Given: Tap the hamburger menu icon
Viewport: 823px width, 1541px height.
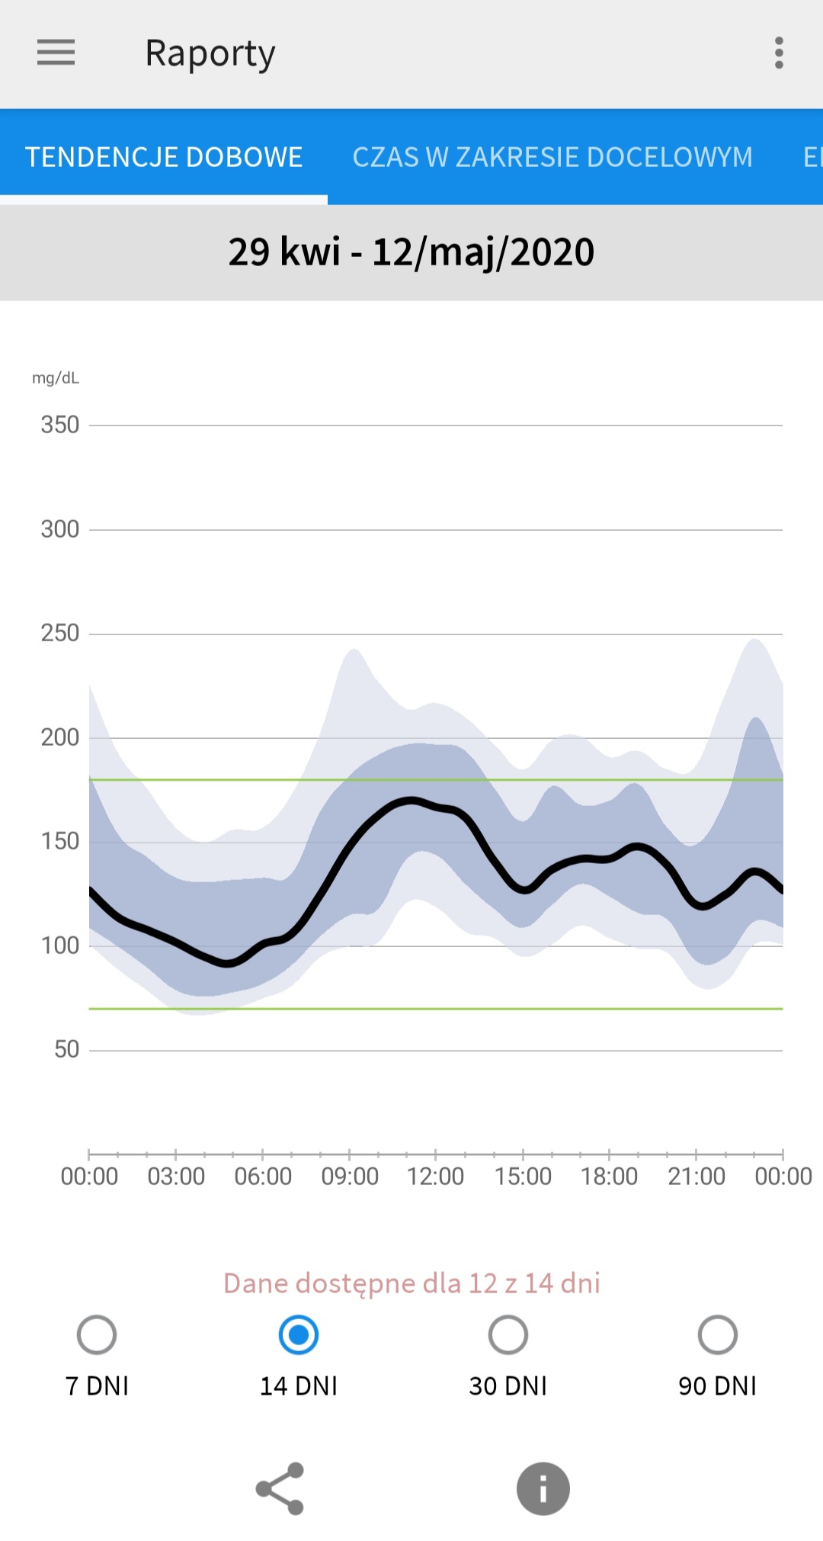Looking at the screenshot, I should (56, 53).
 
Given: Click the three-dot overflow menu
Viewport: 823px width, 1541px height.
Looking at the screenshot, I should (778, 53).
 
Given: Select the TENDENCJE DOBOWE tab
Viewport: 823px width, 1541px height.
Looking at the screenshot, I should (164, 157).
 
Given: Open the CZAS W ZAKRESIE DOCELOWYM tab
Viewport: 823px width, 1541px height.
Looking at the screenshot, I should (552, 157).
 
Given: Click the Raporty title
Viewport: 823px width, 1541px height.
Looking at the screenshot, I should (210, 53).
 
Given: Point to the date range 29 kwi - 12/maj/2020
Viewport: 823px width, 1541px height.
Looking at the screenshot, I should (411, 252).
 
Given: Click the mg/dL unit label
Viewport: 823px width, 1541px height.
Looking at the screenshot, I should (56, 378).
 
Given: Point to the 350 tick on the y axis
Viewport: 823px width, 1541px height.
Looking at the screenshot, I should (60, 425).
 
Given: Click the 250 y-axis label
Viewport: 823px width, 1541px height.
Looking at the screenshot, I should (60, 633).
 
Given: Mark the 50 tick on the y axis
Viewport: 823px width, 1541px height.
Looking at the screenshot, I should (66, 1049).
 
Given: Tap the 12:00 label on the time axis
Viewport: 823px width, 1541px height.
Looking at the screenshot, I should (435, 1177).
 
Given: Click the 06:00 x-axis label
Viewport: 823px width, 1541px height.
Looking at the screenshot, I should (263, 1177).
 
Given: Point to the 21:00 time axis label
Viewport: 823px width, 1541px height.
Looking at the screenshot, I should (697, 1177).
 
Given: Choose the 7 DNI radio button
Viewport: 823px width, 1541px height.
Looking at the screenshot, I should (97, 1335).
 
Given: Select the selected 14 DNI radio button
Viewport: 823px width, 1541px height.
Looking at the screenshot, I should (299, 1335).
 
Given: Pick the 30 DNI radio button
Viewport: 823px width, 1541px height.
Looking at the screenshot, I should (508, 1335).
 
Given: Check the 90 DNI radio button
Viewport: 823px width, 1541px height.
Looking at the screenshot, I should (718, 1335).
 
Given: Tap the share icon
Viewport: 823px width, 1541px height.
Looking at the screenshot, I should (280, 1488).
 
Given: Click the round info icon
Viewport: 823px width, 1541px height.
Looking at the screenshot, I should (543, 1488).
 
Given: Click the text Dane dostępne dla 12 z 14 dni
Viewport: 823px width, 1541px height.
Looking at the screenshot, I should (411, 1283).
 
